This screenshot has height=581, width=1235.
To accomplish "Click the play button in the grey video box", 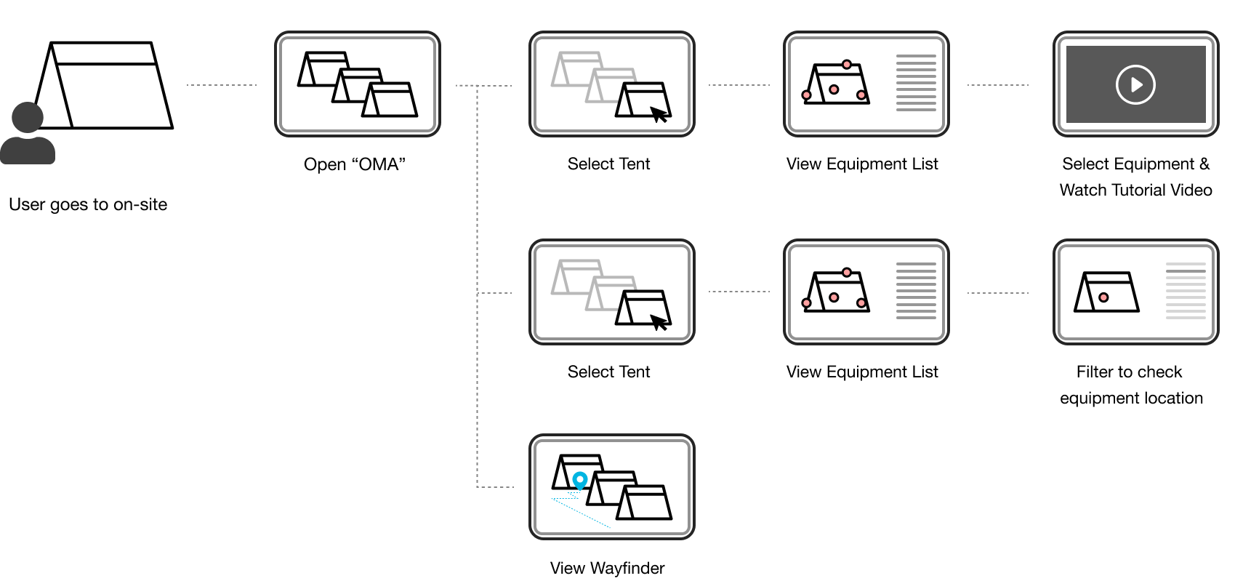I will click(x=1135, y=85).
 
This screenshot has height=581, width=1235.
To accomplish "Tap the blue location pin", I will click(x=579, y=480).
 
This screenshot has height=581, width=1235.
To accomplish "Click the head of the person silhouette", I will click(x=28, y=117).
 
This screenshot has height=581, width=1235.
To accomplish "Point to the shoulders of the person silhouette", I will click(x=28, y=151).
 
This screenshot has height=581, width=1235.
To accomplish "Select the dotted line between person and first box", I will click(x=222, y=85).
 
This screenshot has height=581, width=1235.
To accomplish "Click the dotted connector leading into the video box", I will click(x=997, y=85).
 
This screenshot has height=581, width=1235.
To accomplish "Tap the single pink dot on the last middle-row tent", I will click(x=1103, y=297).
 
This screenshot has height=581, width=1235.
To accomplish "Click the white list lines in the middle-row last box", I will click(x=1186, y=291).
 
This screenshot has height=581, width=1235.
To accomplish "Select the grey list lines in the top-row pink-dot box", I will click(x=916, y=83).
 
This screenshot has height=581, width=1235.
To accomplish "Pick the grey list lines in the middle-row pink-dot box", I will click(x=916, y=291).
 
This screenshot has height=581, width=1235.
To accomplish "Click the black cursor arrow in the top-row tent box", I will click(x=659, y=111).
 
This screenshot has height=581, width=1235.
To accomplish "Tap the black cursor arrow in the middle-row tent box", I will click(x=659, y=318).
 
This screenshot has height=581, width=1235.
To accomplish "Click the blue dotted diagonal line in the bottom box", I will click(x=582, y=513).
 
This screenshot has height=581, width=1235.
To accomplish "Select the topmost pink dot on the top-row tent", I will click(x=847, y=65).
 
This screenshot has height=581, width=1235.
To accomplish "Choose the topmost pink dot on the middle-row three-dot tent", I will click(x=847, y=273).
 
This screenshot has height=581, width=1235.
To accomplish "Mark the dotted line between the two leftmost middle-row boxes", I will click(x=739, y=292).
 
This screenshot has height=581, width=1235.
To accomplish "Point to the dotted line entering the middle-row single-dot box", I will click(x=997, y=293).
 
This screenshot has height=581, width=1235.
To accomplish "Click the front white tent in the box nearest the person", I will click(x=391, y=100).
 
